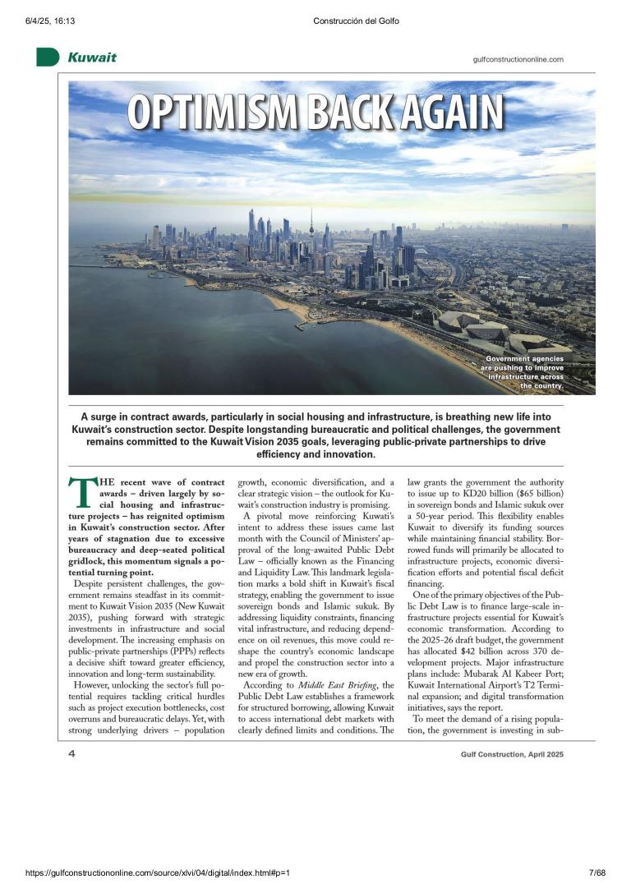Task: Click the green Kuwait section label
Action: [91, 58]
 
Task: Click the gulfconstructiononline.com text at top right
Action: [518, 59]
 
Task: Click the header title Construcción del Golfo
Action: [356, 21]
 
